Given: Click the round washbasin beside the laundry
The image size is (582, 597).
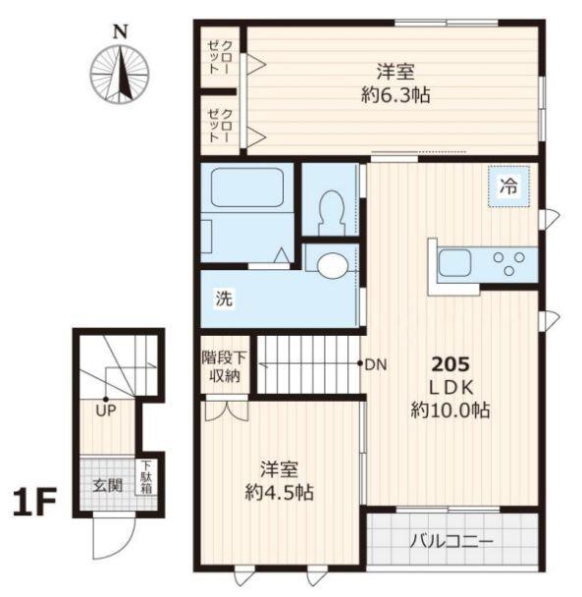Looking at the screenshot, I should (x=332, y=263).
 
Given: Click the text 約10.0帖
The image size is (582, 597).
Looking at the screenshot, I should (x=450, y=409).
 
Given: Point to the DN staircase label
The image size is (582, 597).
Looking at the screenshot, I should (x=377, y=365).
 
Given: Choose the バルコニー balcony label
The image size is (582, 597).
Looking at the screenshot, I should (x=450, y=539).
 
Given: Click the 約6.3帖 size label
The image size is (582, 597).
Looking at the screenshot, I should (x=393, y=95).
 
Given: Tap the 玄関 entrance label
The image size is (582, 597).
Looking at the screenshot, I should (x=107, y=484).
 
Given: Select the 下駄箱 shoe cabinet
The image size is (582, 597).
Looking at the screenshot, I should (x=144, y=478).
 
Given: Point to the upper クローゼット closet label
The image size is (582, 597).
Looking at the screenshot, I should (x=222, y=61).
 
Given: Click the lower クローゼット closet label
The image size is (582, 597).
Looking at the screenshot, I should (x=222, y=126).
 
